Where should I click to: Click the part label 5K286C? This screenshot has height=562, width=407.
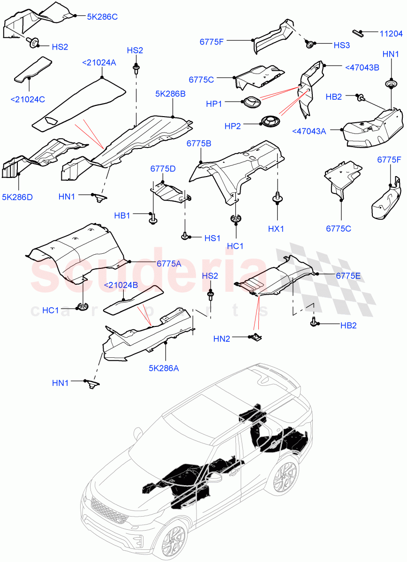[x=102, y=16]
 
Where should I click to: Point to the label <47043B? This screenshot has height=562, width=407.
[x=362, y=67]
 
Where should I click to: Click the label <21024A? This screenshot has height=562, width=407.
[x=98, y=62]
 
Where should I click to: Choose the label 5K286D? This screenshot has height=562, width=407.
[x=17, y=197]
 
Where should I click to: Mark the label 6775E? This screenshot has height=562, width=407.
[x=348, y=276]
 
